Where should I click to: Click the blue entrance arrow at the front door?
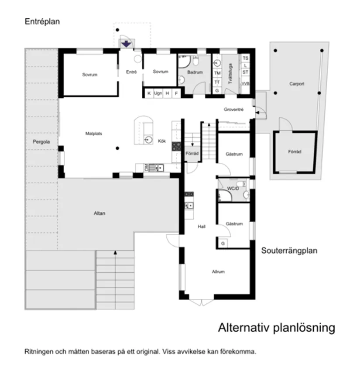[x=126, y=44]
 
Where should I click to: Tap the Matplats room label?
[x=93, y=134]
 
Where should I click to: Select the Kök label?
[x=162, y=141]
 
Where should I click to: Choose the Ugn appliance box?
[x=158, y=93]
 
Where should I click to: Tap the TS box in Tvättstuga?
[x=245, y=58]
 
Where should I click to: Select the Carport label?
[x=297, y=84]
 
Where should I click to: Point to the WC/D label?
[x=233, y=189]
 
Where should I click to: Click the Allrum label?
[x=218, y=271]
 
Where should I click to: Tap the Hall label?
[x=201, y=226]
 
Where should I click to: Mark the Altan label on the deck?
[x=99, y=213]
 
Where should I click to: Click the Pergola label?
[x=41, y=142]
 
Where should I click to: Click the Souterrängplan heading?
[x=289, y=251]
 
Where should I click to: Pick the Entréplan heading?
[x=42, y=21]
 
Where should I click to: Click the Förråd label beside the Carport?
[x=295, y=152]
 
